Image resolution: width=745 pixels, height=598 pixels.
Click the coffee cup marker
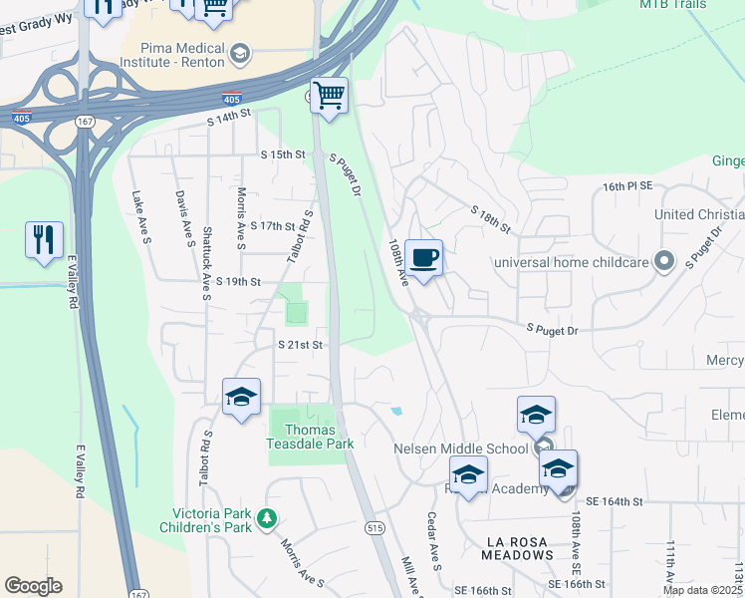click(x=423, y=258)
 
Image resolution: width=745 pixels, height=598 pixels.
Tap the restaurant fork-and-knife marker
click(x=44, y=240)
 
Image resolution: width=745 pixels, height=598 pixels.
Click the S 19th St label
click(x=237, y=282)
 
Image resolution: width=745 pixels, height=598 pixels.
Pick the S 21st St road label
click(x=301, y=345)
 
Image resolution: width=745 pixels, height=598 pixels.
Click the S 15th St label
click(x=282, y=154)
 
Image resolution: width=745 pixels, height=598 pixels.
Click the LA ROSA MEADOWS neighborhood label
click(x=529, y=542)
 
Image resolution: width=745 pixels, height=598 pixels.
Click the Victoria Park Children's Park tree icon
click(x=266, y=518)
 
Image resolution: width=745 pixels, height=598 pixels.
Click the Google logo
click(x=33, y=586)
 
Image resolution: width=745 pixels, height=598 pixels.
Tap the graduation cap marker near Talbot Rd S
click(x=241, y=398)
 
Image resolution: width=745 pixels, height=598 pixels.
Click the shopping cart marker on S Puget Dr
click(x=329, y=97)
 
